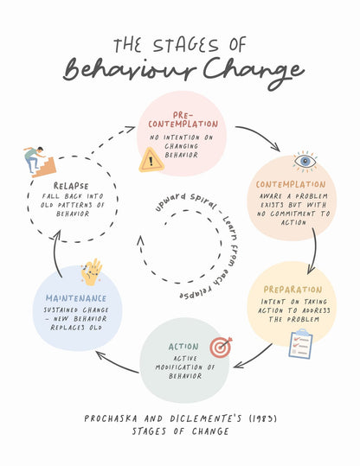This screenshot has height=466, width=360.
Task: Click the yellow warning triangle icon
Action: (151, 161)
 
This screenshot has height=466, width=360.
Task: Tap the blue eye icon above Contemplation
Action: (305, 162)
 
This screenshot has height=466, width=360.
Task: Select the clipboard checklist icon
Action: (301, 343)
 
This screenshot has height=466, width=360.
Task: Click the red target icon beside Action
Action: (221, 348)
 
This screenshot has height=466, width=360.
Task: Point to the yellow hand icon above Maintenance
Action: (92, 271)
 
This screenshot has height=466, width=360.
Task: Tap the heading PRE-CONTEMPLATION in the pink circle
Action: (183, 120)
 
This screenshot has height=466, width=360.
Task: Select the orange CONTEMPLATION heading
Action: (291, 184)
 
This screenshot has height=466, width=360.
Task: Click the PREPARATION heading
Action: (292, 290)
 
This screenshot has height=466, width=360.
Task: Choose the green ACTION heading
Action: (183, 347)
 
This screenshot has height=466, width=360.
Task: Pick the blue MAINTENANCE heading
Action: (76, 298)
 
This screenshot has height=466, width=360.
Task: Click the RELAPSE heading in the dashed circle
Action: (71, 186)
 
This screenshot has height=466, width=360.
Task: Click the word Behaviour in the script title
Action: (130, 70)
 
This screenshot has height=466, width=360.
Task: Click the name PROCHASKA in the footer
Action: (111, 418)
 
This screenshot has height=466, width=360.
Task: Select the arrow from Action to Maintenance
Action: (117, 363)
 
